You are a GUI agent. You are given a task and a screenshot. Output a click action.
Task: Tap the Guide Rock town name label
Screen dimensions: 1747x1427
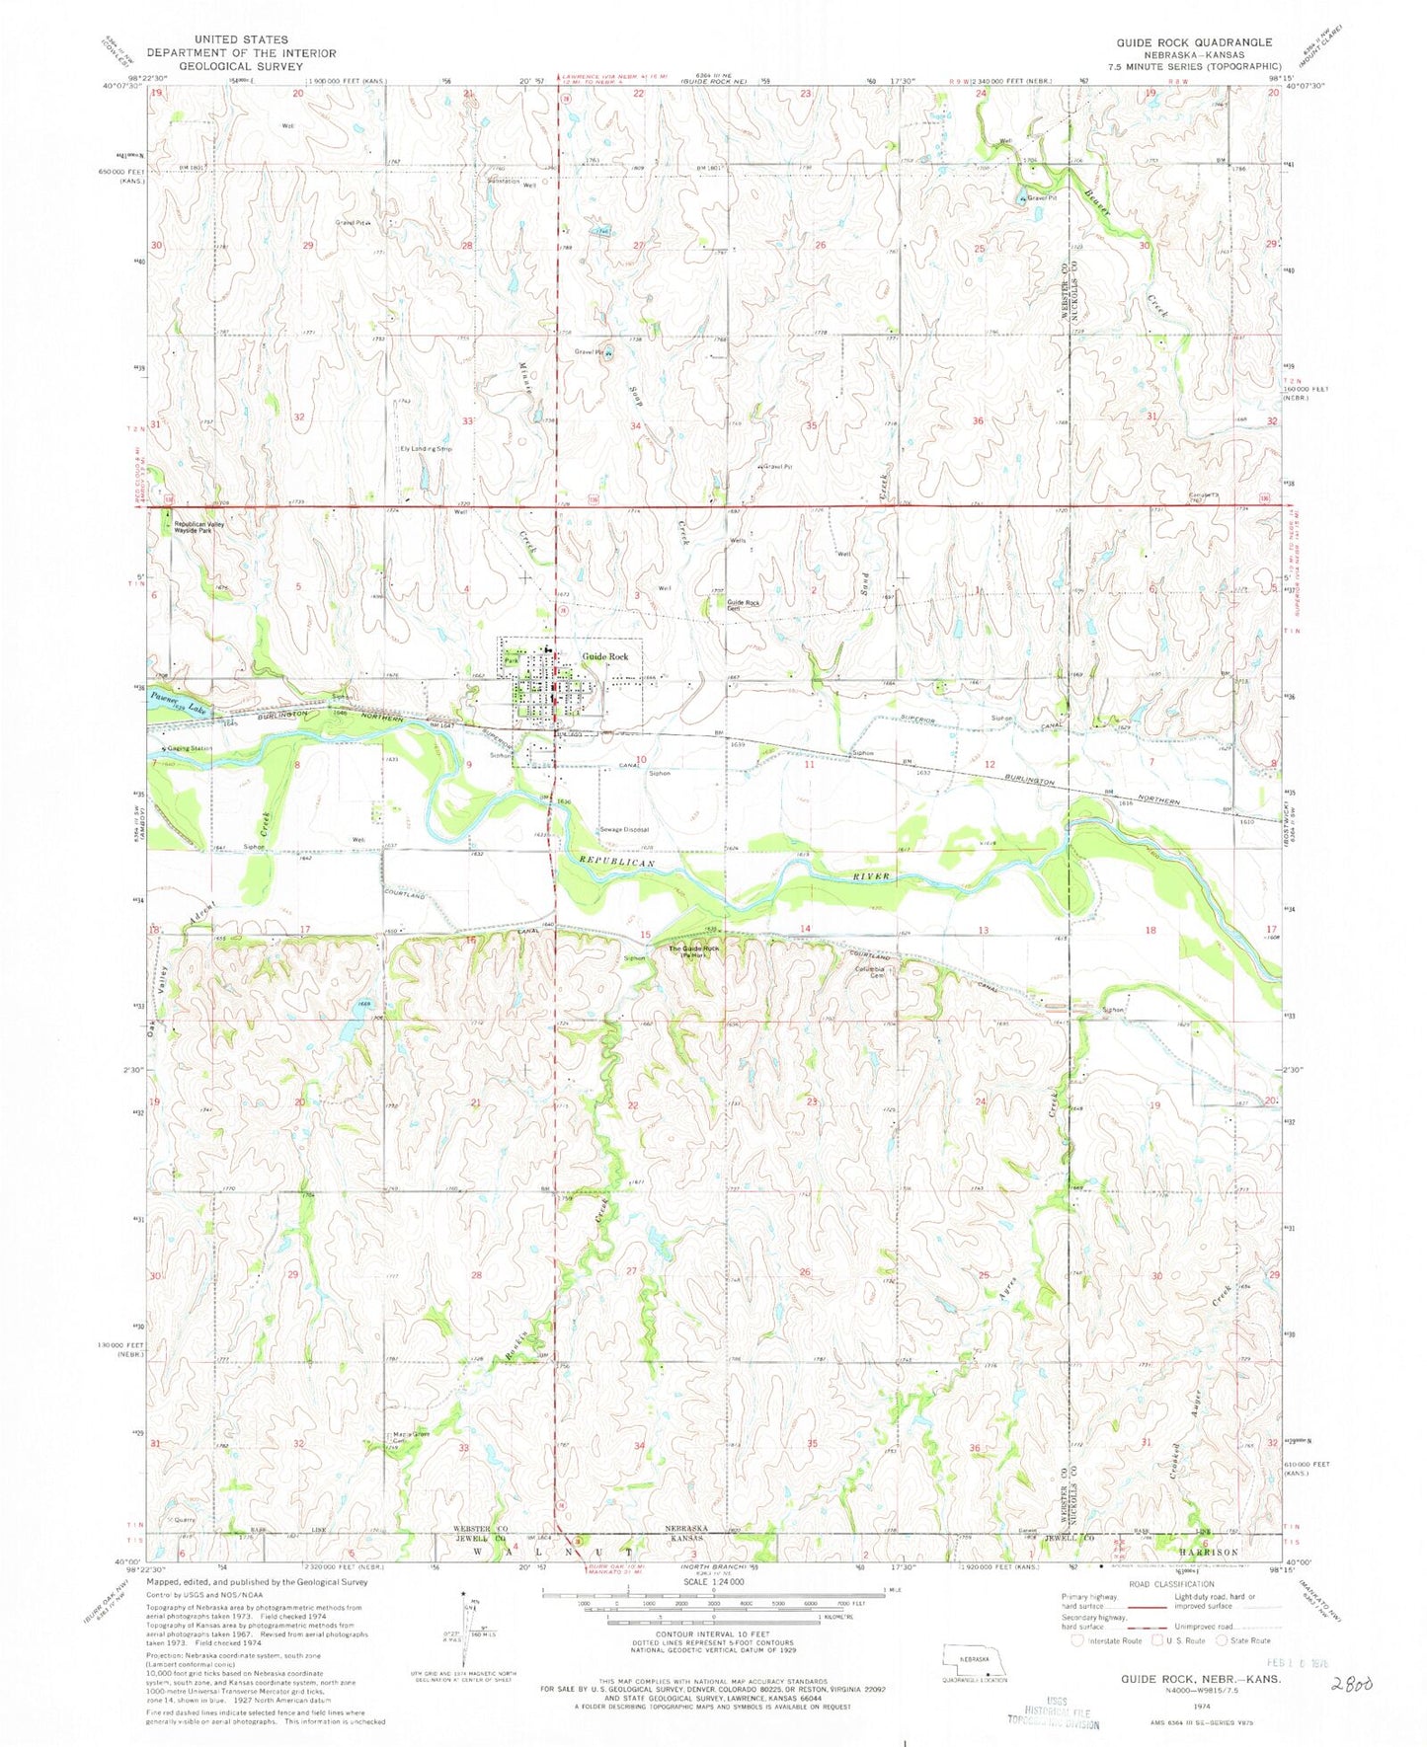coord(604,656)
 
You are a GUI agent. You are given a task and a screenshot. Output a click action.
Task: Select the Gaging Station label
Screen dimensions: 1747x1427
coord(191,748)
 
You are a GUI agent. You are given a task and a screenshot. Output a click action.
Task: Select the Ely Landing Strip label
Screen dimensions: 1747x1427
coord(426,449)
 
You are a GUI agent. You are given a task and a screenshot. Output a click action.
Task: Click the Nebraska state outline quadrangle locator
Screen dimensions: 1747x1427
coord(973,1653)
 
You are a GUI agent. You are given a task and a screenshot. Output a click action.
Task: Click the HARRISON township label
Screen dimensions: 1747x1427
coord(1211,1553)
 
